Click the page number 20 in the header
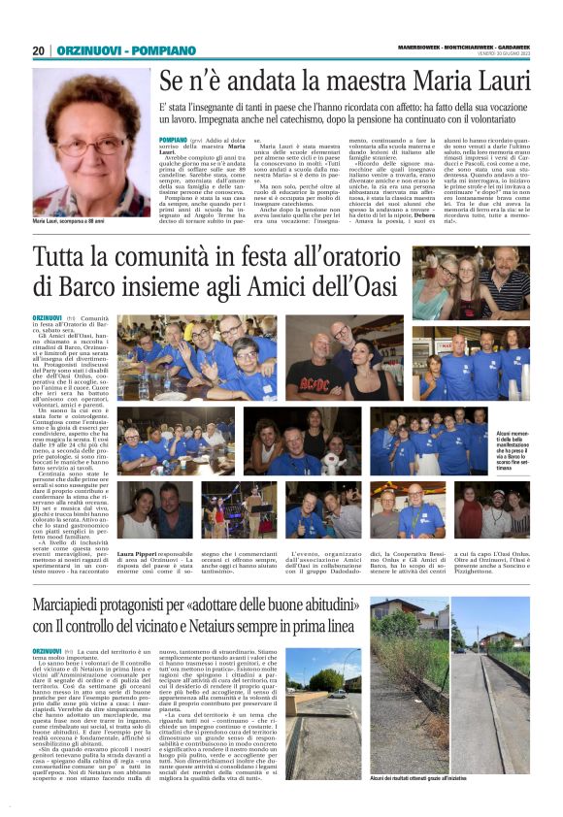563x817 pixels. coord(38,50)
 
